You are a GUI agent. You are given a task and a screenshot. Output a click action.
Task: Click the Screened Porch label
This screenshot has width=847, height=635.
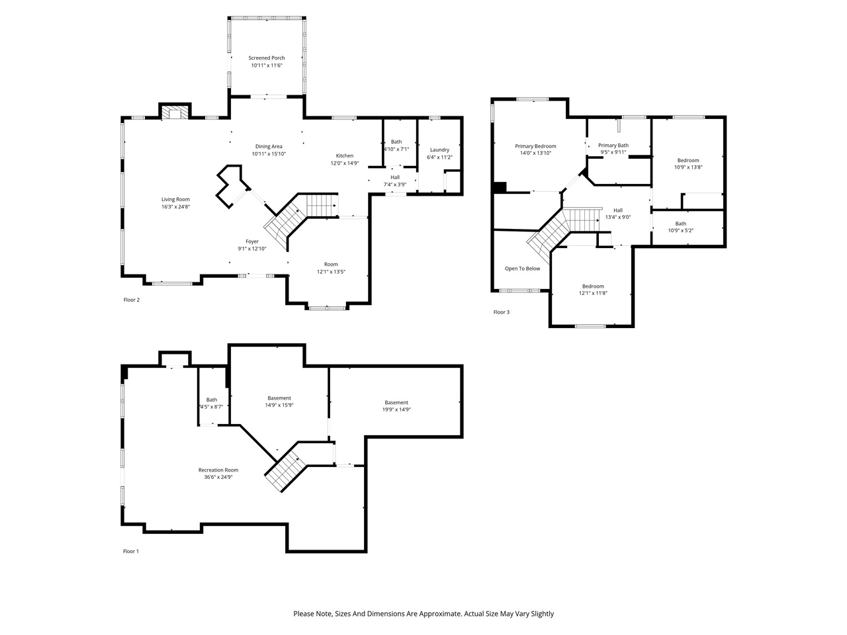[x=267, y=58]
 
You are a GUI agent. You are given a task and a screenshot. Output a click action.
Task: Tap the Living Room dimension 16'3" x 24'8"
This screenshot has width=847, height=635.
[x=175, y=207]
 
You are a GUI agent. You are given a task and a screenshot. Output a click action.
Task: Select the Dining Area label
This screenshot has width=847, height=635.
[x=269, y=146]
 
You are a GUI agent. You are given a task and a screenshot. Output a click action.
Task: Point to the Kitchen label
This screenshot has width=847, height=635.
[x=344, y=155]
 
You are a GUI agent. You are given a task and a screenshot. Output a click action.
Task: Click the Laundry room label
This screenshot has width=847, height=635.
[x=439, y=149]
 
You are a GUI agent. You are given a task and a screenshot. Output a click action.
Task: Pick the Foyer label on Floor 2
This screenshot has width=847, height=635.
[x=251, y=241]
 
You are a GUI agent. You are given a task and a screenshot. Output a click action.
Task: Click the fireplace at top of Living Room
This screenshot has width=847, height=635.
[x=175, y=113]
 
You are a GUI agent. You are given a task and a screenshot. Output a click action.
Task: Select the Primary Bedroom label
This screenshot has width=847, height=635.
[x=535, y=146]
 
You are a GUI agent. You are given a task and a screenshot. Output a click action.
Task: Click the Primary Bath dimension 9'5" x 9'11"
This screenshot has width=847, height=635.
[x=613, y=153]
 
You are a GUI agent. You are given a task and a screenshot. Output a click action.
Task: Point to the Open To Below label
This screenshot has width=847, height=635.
[x=522, y=269]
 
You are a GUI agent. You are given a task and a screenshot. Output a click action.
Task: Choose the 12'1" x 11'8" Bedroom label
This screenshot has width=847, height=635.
[x=592, y=286]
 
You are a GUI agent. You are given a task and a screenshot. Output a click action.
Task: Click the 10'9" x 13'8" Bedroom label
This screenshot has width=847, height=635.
[x=688, y=160]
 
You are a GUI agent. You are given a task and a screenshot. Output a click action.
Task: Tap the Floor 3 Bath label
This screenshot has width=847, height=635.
[x=680, y=224]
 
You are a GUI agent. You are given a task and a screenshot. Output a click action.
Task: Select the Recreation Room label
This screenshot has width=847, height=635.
[x=218, y=470]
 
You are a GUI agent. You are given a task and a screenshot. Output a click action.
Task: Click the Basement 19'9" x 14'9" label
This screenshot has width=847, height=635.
[x=396, y=402]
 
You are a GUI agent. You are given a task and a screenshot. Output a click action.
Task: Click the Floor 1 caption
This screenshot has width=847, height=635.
[x=131, y=551]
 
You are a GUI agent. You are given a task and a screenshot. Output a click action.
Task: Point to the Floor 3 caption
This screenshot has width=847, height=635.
[x=501, y=312]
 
